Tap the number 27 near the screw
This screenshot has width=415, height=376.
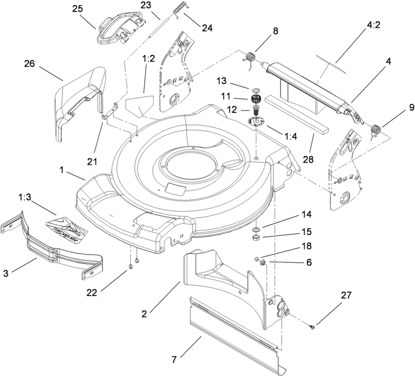(x=346, y=296)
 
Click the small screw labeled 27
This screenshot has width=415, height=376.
(x=310, y=327)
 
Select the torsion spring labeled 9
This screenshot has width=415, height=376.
(x=377, y=128)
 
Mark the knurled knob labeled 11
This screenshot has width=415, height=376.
(x=255, y=99)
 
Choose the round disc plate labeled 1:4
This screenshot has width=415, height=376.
(x=257, y=121)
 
